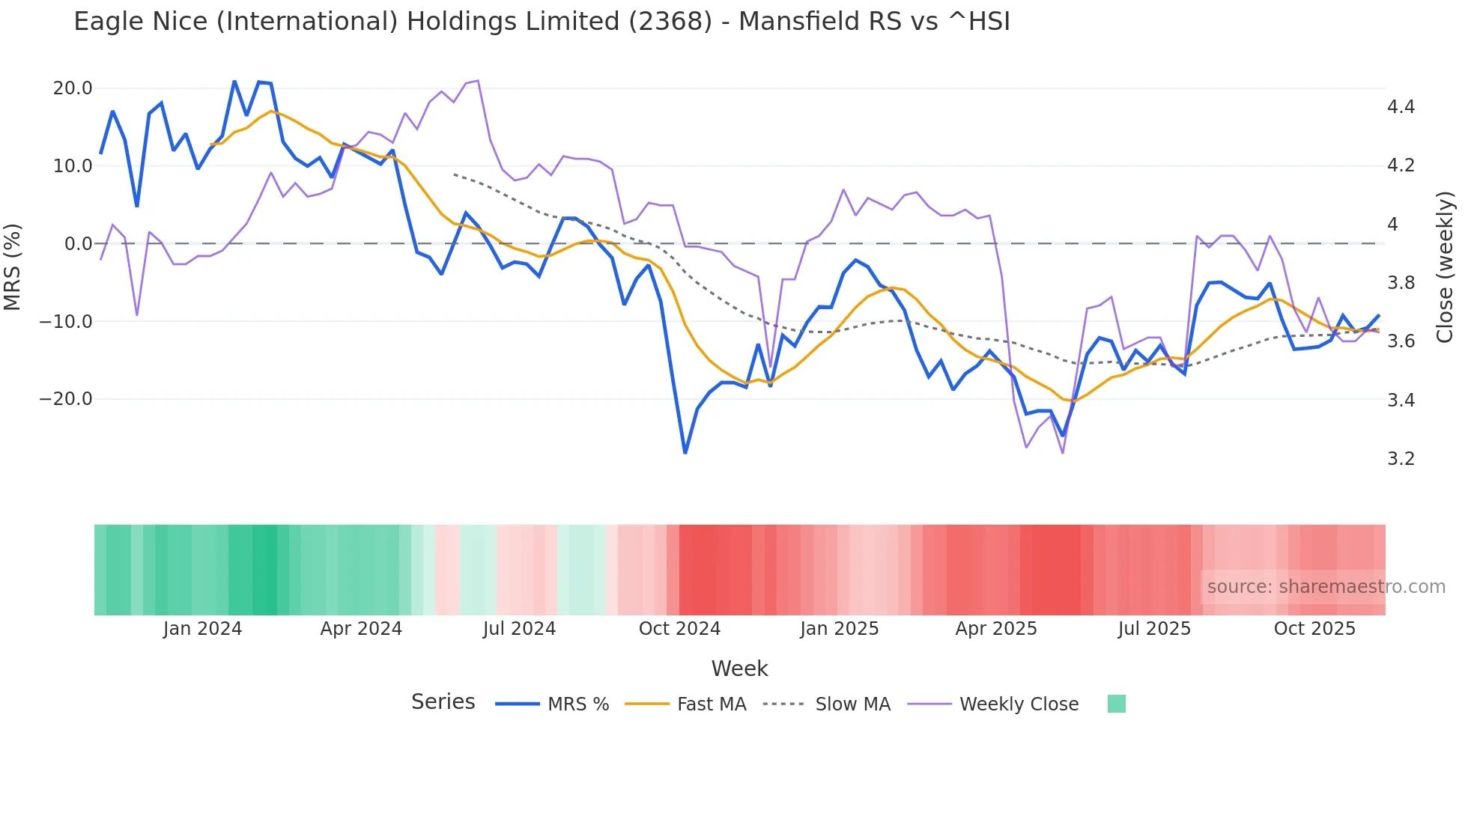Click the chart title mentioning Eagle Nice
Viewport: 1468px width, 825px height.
point(542,22)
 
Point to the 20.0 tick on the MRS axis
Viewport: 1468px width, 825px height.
point(73,88)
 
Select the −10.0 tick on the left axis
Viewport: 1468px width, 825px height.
point(66,322)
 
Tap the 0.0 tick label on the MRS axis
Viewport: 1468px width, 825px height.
point(78,244)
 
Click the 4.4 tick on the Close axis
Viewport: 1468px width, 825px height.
point(1401,107)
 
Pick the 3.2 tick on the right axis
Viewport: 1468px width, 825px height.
point(1401,459)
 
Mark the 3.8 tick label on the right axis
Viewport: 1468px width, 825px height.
point(1401,283)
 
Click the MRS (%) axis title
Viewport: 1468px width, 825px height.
point(13,267)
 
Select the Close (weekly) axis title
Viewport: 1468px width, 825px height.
point(1445,267)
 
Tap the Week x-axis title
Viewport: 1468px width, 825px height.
point(739,669)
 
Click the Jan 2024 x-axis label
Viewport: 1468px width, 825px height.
point(202,629)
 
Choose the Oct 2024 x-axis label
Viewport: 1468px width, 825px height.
point(679,629)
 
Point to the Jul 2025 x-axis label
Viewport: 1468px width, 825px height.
point(1154,629)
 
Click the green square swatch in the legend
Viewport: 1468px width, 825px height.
point(1116,704)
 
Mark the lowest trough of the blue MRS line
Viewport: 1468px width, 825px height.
point(685,453)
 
